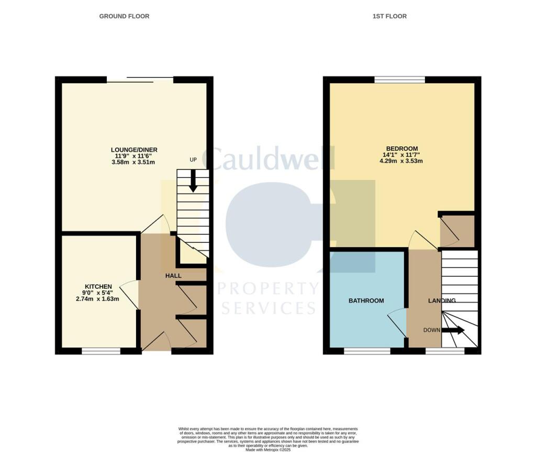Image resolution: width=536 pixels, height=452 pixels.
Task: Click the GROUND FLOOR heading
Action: (124, 16)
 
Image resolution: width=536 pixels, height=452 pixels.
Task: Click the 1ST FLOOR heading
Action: (389, 16)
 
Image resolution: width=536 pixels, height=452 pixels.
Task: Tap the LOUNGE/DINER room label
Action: (134, 150)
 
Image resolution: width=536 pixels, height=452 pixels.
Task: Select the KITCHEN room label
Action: (98, 286)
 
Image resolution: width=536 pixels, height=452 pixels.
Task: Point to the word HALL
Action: (173, 275)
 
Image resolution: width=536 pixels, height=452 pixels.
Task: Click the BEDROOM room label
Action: (401, 148)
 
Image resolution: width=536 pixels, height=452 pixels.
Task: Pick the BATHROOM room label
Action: (366, 301)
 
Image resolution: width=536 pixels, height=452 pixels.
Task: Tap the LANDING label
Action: (442, 301)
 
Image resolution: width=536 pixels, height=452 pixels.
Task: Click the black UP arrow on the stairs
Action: (193, 181)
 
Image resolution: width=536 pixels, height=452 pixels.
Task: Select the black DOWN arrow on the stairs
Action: (453, 330)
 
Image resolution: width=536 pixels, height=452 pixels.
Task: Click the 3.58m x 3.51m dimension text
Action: (134, 162)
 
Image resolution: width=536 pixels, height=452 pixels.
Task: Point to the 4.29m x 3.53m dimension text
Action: (401, 161)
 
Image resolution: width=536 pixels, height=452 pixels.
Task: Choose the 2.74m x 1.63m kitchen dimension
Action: (98, 299)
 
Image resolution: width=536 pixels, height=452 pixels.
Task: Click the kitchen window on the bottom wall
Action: (101, 352)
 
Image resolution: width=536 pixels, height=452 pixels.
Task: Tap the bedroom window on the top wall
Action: (400, 80)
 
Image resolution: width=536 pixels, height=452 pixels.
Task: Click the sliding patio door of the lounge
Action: (140, 80)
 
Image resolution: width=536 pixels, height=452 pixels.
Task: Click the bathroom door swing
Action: (397, 322)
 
